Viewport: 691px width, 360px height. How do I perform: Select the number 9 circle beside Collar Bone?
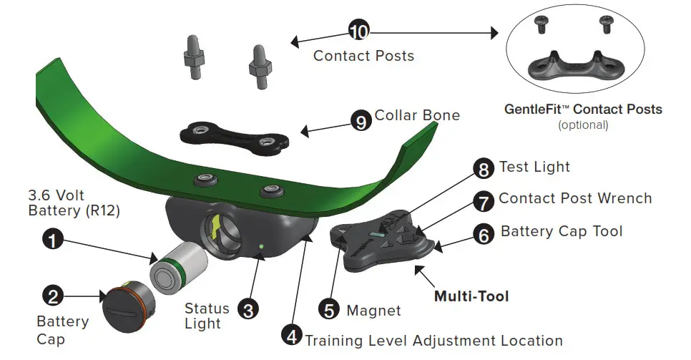coord(361,121)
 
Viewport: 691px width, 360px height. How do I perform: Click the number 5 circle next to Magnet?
coord(328,310)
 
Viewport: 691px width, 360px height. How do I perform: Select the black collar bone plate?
coord(234,135)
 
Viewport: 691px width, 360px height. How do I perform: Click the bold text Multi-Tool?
coord(471,295)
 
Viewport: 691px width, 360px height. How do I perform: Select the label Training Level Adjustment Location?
coord(434,341)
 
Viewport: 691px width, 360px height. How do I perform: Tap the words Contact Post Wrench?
coord(575,198)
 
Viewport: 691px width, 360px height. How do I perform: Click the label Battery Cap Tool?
coord(562,231)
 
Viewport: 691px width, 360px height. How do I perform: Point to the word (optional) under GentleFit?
coord(582,125)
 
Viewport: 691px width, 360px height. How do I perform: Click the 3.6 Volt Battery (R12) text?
coord(74,203)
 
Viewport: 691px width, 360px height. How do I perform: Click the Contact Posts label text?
coord(363,55)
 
